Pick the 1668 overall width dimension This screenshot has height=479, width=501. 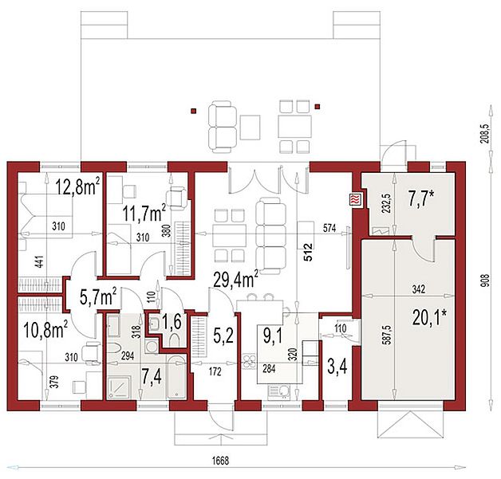[x=220, y=461]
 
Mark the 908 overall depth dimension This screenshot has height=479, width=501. [x=486, y=281]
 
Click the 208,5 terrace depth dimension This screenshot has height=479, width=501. [x=485, y=134]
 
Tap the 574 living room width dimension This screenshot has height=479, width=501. [x=329, y=228]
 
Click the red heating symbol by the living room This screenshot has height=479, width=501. [x=356, y=200]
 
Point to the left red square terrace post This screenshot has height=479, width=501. [x=193, y=111]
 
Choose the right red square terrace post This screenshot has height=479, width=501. [x=318, y=107]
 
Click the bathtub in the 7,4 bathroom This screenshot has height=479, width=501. [x=176, y=378]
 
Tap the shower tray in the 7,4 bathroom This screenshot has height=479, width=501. [x=119, y=387]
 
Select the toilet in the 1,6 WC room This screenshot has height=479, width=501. [x=175, y=340]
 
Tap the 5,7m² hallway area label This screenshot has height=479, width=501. [x=98, y=296]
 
